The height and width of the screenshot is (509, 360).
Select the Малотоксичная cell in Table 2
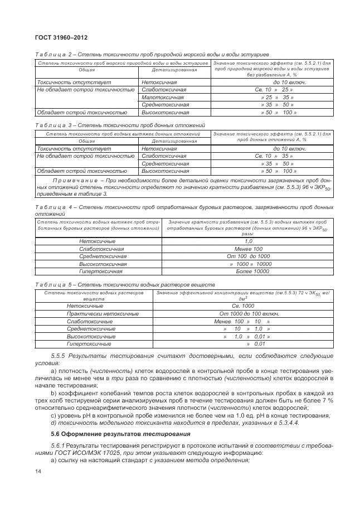coord(162,97)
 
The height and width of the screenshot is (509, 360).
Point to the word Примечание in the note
coord(75,181)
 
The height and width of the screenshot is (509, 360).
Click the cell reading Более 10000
coord(252,271)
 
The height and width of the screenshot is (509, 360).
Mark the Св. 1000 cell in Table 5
coord(243,306)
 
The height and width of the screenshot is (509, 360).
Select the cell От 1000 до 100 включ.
coord(243,314)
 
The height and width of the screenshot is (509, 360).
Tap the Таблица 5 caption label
coord(52,284)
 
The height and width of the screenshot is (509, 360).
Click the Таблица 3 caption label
coord(52,125)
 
